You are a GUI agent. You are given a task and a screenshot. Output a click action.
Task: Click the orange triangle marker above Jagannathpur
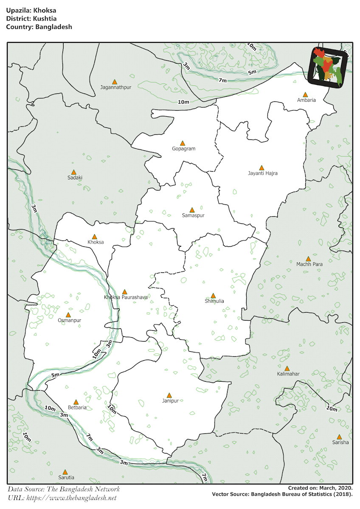[114, 81]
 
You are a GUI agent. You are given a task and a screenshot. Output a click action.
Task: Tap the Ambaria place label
[306, 100]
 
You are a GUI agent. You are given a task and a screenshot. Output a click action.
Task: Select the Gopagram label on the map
[183, 149]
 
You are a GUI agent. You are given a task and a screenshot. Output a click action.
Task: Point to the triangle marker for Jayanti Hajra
[262, 168]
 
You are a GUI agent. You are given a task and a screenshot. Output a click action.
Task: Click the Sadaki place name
[74, 178]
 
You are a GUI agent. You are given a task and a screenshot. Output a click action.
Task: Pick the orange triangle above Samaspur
[192, 210]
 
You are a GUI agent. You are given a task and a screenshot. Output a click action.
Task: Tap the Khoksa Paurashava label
[126, 297]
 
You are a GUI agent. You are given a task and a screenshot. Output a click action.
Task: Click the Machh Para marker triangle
[309, 258]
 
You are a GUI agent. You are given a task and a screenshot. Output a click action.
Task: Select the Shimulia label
[214, 301]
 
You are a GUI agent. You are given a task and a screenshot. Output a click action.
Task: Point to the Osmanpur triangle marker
[68, 315]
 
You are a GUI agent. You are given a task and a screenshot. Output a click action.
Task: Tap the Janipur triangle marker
[169, 395]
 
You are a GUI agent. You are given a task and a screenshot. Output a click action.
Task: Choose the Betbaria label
[77, 407]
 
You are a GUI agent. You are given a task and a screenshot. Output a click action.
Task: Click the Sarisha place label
[340, 442]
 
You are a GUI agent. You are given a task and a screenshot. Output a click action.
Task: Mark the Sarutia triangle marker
[65, 472]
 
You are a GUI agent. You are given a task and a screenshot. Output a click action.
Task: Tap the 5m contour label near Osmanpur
[55, 375]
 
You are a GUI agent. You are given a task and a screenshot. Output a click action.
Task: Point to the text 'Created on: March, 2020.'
[320, 488]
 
